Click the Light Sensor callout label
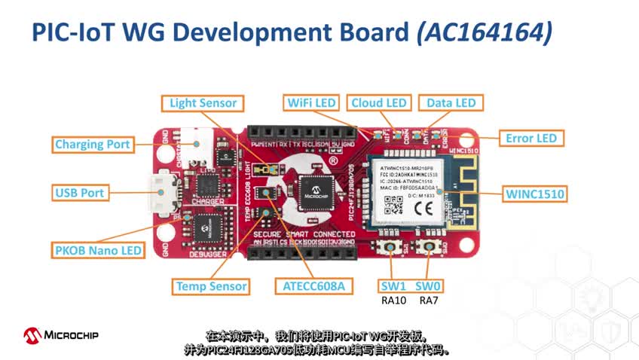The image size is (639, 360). (x=203, y=103)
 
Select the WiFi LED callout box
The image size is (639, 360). (x=311, y=102)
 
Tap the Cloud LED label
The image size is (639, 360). (x=378, y=102)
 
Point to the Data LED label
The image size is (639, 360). (x=451, y=102)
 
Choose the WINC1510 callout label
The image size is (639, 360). (x=535, y=194)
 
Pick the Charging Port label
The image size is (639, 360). (x=93, y=144)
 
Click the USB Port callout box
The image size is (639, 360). (x=79, y=193)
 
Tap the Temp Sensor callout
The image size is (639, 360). (x=211, y=286)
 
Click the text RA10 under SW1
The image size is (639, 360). (x=394, y=301)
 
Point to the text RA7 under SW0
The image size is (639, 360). (x=429, y=301)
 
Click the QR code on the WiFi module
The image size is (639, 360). (x=390, y=204)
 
